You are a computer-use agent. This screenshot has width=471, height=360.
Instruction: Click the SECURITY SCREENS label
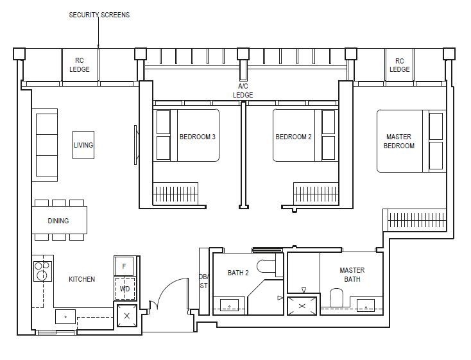(x=99, y=15)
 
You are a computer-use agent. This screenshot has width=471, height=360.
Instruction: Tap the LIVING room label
(x=83, y=145)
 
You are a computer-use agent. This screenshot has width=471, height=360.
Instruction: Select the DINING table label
(x=58, y=221)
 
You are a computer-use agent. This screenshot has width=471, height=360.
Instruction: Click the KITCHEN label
(x=81, y=279)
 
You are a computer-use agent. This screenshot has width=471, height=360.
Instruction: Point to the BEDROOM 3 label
(x=197, y=137)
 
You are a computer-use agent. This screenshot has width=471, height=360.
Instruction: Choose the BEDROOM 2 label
(x=293, y=137)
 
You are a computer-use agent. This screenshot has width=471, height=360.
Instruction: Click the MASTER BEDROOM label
(x=399, y=141)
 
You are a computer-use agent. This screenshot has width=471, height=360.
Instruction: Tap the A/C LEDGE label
(x=243, y=90)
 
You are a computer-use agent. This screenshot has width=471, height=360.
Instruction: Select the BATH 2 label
(x=238, y=273)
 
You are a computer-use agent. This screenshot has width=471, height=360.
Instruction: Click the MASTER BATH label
(x=352, y=275)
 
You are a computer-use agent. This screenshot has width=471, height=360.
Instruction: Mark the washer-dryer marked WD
(x=124, y=288)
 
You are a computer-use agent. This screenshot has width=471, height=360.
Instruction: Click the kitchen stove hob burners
(x=42, y=272)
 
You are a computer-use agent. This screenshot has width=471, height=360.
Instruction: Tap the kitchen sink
(x=65, y=316)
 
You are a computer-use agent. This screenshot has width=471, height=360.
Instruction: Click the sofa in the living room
(x=46, y=145)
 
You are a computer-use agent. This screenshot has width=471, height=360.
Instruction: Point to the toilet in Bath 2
(x=266, y=265)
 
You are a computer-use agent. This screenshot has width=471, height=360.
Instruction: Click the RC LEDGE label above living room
(x=80, y=65)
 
